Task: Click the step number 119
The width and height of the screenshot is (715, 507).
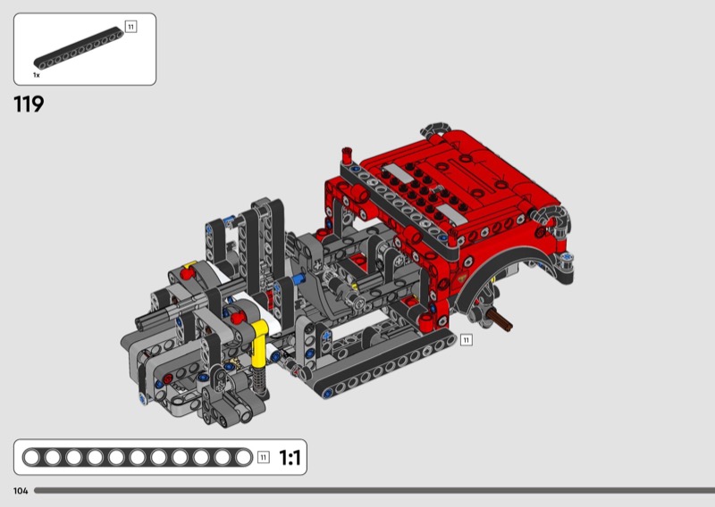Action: (29, 104)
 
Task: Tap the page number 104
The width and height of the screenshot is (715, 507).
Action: (21, 491)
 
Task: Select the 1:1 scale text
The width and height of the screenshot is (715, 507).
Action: (290, 457)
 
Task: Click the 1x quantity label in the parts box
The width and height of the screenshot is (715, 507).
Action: (37, 75)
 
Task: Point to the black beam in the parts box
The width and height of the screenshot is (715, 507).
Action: (79, 49)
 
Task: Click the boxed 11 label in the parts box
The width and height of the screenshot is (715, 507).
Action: (130, 27)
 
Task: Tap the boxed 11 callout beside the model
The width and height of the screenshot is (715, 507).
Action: (466, 340)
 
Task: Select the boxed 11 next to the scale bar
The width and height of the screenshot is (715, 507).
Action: (264, 457)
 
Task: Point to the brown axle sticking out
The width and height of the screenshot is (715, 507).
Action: (500, 320)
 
